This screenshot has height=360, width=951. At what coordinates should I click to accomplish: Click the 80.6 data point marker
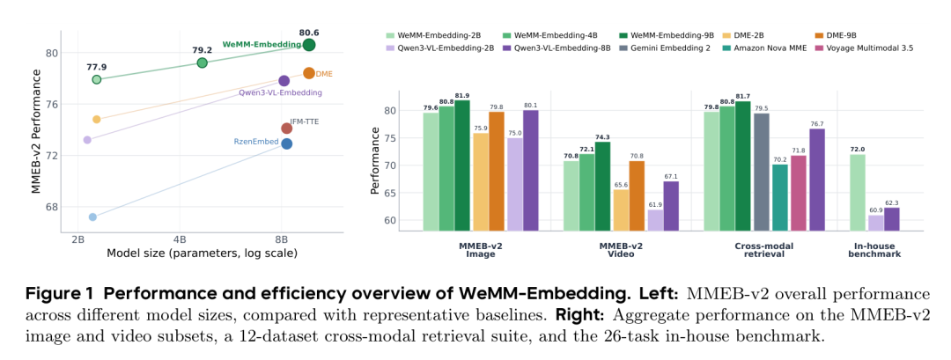(x=309, y=45)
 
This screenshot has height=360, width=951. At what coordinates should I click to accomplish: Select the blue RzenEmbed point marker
(x=286, y=143)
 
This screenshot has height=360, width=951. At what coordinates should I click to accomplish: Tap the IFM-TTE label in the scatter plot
(x=305, y=121)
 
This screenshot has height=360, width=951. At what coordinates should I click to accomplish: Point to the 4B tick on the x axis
(x=180, y=239)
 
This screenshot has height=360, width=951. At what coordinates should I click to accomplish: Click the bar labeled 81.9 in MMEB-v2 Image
(x=462, y=165)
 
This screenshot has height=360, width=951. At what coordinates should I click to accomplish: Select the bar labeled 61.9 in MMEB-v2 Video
(x=656, y=220)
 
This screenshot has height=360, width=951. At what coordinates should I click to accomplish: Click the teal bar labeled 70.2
(x=780, y=197)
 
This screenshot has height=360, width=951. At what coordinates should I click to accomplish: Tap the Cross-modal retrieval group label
(x=763, y=250)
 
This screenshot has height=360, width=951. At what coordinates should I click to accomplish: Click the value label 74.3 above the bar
(x=602, y=137)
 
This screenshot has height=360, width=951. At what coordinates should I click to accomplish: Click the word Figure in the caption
(x=49, y=295)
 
